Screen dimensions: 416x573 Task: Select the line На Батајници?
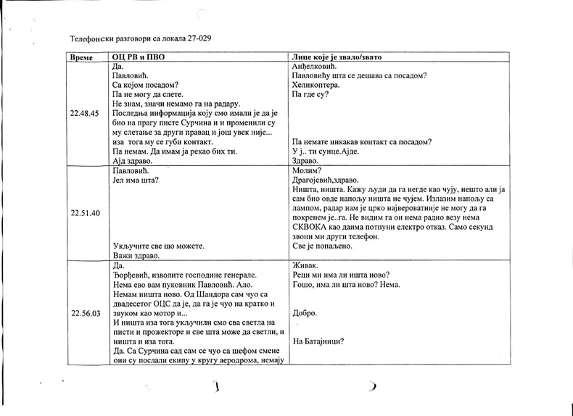point(318,342)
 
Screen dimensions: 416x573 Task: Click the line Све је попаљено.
point(322,246)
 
